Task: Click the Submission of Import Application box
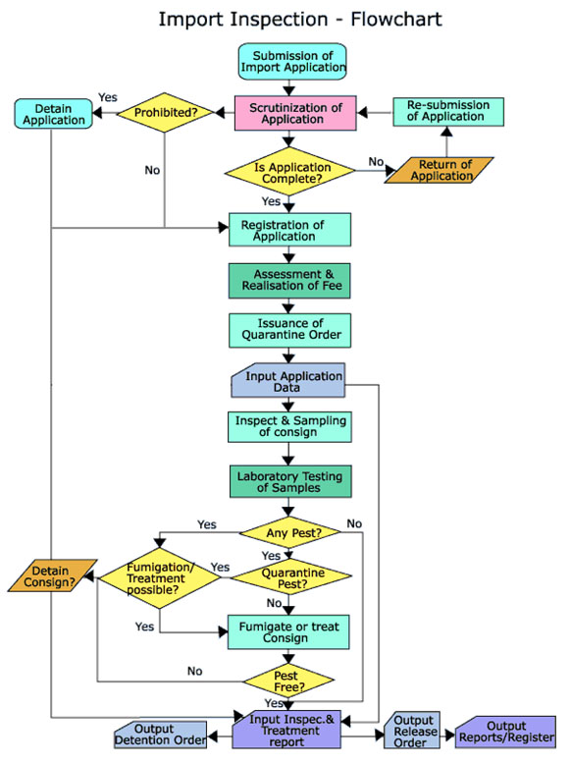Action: (x=292, y=62)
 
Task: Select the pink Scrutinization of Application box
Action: (x=295, y=113)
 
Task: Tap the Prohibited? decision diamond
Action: (x=165, y=113)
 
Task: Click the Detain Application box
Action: (x=54, y=114)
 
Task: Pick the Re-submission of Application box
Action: (x=448, y=112)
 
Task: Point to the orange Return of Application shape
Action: (x=440, y=170)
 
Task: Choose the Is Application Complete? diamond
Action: (x=289, y=172)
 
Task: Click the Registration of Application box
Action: (x=289, y=230)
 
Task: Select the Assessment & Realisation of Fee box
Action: (x=289, y=281)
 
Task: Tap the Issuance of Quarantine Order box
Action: (x=289, y=331)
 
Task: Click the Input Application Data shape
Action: (x=288, y=380)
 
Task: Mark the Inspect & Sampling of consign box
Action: (x=289, y=427)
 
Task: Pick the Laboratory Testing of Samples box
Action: (x=290, y=481)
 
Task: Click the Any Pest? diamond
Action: (x=290, y=533)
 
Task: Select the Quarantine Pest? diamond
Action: (x=291, y=576)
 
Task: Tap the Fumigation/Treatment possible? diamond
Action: (x=160, y=578)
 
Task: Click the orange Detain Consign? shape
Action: (x=52, y=575)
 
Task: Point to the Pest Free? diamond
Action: (x=288, y=681)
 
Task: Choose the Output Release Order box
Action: (x=411, y=731)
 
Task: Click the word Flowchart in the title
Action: (x=396, y=20)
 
